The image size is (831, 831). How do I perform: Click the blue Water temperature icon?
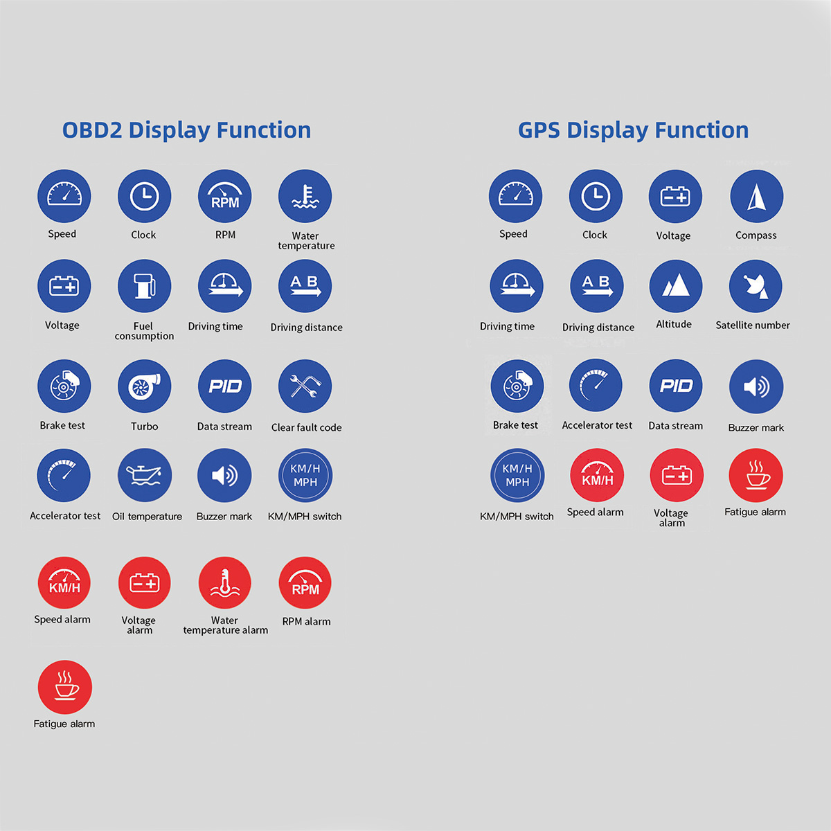click(x=305, y=197)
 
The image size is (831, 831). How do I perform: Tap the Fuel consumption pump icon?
click(x=144, y=286)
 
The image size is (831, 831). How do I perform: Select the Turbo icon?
click(x=144, y=386)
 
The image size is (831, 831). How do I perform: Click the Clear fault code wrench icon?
click(x=305, y=386)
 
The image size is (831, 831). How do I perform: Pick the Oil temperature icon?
click(x=144, y=475)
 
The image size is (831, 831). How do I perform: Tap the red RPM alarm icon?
click(x=305, y=583)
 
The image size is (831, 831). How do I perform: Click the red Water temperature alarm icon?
click(x=224, y=583)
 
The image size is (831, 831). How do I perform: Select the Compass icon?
click(x=756, y=197)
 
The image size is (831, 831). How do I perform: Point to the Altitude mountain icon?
click(x=676, y=286)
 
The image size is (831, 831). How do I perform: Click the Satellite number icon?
click(x=756, y=286)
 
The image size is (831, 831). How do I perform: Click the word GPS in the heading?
click(x=539, y=130)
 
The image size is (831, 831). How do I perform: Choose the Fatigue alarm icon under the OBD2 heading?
click(x=64, y=686)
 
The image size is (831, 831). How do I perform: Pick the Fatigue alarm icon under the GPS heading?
click(x=756, y=475)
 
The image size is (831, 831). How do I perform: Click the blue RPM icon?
click(x=224, y=197)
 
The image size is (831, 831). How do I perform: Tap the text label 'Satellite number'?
click(x=753, y=325)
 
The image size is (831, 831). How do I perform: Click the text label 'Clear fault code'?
click(x=306, y=427)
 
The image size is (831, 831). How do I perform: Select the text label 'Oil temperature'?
click(x=147, y=516)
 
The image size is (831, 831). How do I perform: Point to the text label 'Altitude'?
click(x=674, y=324)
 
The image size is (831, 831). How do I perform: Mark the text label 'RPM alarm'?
click(x=306, y=621)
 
